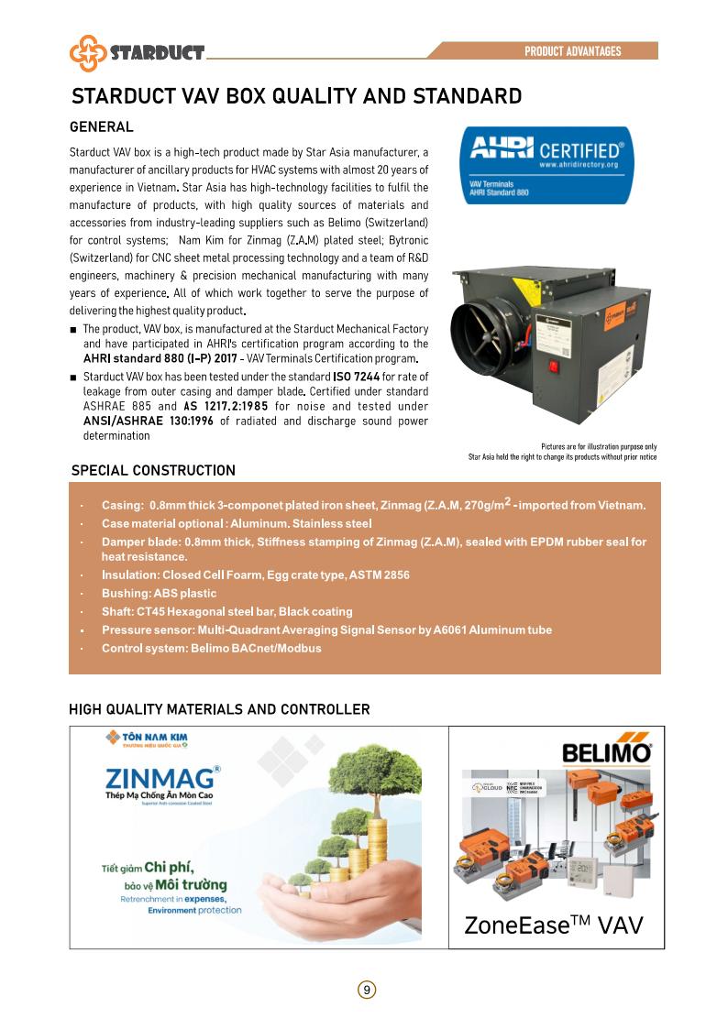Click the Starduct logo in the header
coord(138,52)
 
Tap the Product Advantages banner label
coord(572,51)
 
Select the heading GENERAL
coord(102,127)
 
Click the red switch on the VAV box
coord(553,368)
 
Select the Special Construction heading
coord(153,470)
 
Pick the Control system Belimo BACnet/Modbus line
coord(211,648)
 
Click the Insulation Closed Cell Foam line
coord(255,575)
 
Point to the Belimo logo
coord(606,753)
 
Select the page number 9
coord(366,990)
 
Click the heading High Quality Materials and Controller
coord(219,709)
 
